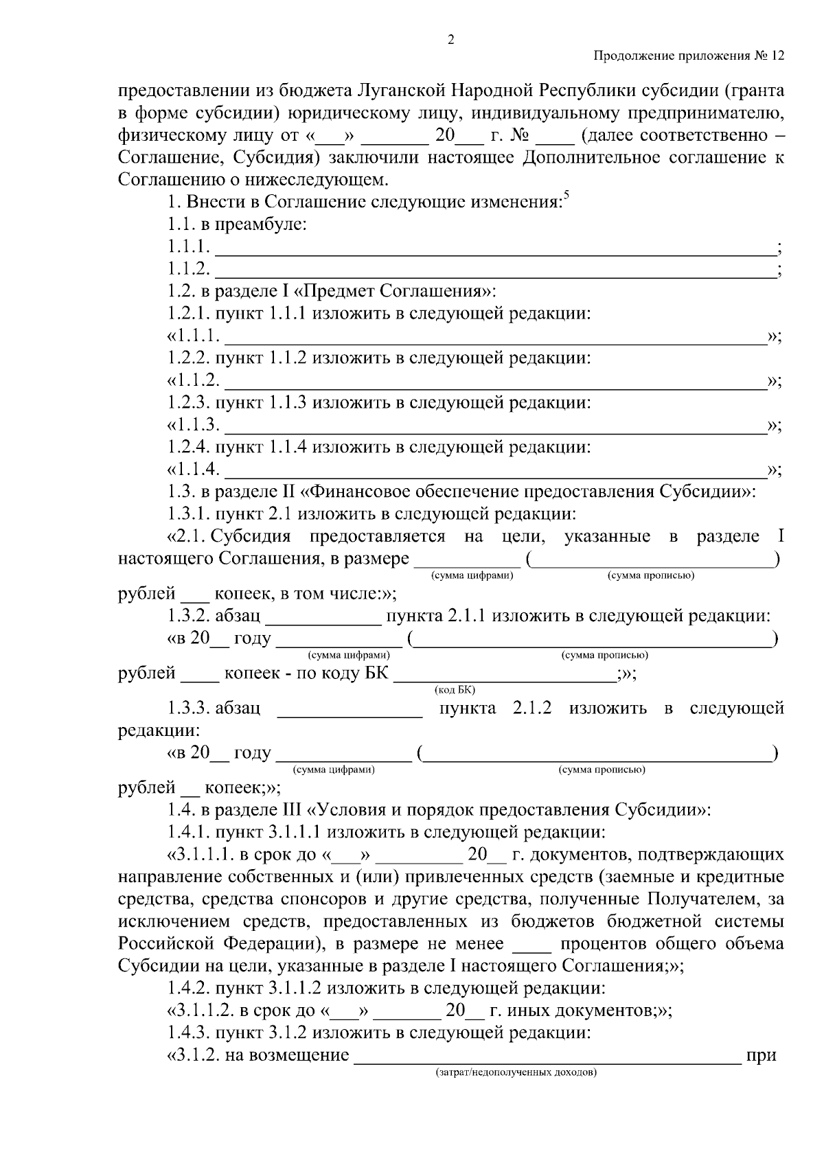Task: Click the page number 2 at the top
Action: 451,40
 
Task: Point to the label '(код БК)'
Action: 455,689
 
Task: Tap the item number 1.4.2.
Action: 188,989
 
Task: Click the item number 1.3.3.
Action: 188,708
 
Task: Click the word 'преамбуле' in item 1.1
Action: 262,224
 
